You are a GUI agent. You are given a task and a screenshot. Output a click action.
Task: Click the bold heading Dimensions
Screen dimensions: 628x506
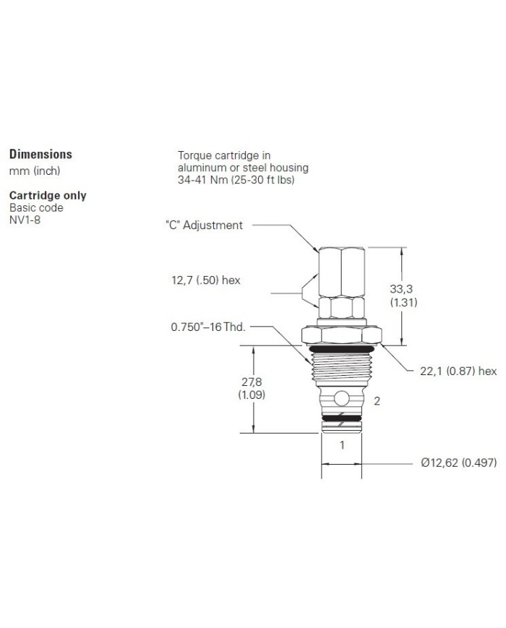[40, 154]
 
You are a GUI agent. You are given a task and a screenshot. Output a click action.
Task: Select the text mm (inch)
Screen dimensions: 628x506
[34, 171]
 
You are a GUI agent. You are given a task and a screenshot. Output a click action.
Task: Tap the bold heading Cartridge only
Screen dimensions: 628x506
[47, 195]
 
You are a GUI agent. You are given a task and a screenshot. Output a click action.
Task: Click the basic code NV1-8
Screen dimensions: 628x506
[25, 219]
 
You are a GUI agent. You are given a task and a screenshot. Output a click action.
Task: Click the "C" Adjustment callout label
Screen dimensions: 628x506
[204, 225]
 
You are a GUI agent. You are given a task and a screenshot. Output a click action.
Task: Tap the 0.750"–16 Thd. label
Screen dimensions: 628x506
[208, 327]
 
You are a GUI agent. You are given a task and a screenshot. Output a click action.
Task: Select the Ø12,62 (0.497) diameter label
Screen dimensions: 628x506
[458, 463]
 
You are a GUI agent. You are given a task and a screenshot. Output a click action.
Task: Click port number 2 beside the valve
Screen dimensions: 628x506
[376, 400]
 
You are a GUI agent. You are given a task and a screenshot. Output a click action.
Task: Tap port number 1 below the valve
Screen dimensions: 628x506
[342, 445]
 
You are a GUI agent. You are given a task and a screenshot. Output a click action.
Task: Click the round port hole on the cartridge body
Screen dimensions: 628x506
[342, 398]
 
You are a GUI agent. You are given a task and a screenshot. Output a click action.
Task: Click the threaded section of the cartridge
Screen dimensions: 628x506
[342, 369]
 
